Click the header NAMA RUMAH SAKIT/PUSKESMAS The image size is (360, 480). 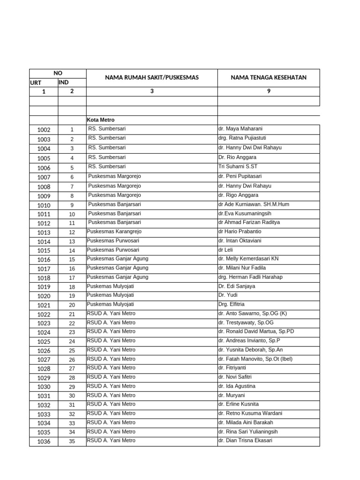(x=151, y=77)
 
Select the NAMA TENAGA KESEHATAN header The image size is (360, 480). (x=269, y=77)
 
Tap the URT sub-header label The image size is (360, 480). (x=36, y=83)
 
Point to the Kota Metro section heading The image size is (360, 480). (x=101, y=120)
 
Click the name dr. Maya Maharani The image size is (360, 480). (x=240, y=129)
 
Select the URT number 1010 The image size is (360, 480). (x=44, y=205)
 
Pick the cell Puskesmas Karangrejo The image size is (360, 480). (x=114, y=232)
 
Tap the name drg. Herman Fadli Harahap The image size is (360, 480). (x=250, y=277)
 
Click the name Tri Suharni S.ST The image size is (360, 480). (x=238, y=166)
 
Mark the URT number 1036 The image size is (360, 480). (x=44, y=442)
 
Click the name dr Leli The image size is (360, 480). (x=225, y=250)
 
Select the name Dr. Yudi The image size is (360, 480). (x=228, y=295)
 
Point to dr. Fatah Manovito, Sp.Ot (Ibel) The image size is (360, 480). (x=255, y=359)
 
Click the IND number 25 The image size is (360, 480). (x=72, y=351)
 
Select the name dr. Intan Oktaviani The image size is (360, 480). (x=240, y=240)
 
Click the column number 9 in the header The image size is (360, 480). (x=269, y=91)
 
